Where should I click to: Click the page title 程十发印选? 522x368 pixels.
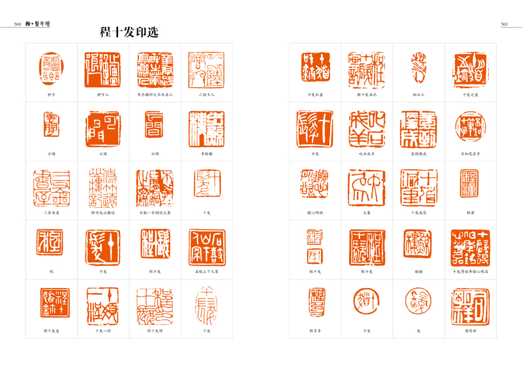tap(129, 32)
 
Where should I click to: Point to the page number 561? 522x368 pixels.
tap(504, 24)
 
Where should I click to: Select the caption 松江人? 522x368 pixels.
tap(418, 94)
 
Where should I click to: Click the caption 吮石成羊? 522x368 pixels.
tap(366, 153)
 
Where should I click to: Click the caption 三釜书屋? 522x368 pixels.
tap(51, 212)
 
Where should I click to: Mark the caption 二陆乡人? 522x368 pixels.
tap(206, 94)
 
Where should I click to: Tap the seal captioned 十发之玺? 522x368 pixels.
tap(470, 68)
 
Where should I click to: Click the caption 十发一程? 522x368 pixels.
tap(102, 330)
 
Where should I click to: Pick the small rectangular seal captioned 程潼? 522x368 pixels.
tap(470, 184)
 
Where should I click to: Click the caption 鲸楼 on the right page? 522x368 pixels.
tap(418, 271)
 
